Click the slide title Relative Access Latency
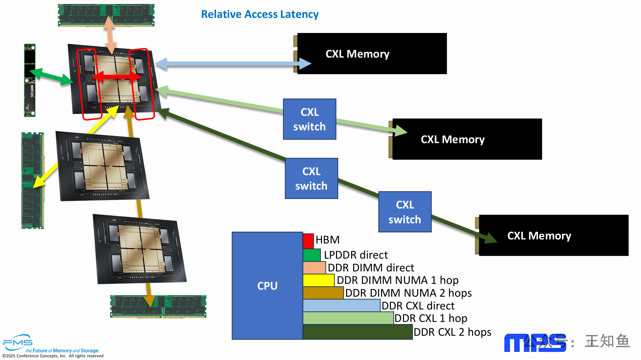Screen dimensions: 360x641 click(260, 14)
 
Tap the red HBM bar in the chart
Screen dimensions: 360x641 click(308, 241)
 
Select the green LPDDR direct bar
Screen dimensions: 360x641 click(311, 255)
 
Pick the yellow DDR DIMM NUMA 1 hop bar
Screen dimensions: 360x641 click(318, 280)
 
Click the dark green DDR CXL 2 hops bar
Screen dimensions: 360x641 click(357, 332)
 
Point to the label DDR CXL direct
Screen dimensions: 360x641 click(418, 306)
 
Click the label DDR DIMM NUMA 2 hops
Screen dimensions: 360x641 click(408, 293)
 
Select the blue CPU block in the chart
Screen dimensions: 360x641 click(267, 286)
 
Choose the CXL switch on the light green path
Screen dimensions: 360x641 click(309, 119)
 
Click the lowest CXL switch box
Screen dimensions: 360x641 click(405, 212)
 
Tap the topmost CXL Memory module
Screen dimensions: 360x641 click(372, 54)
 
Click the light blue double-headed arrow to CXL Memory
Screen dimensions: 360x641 click(232, 64)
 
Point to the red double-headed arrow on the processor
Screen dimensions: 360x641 click(116, 77)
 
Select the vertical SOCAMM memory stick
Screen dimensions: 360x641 click(30, 80)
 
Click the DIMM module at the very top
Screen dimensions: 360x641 click(106, 15)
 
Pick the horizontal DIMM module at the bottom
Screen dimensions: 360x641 click(158, 306)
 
